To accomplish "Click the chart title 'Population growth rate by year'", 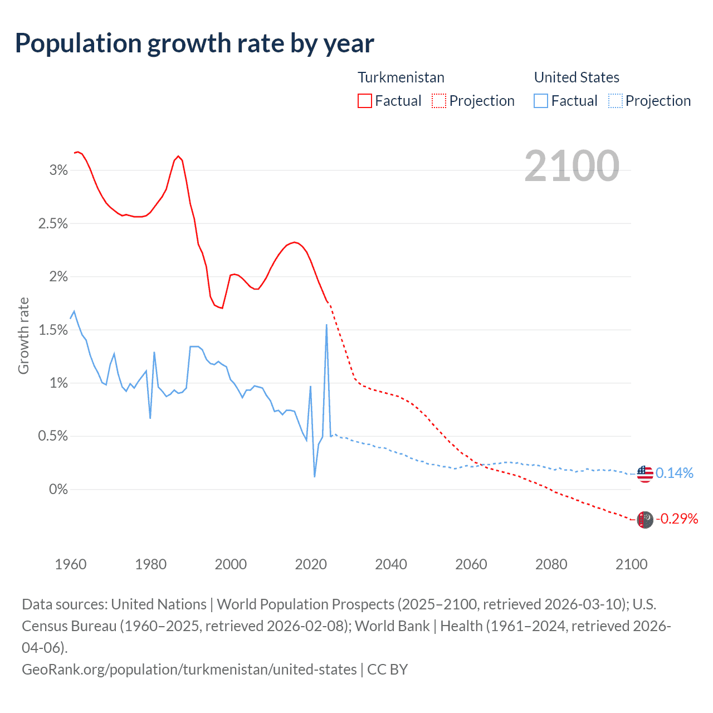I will (x=194, y=43).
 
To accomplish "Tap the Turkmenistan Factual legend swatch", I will (x=364, y=101).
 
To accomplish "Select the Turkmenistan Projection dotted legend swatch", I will (x=439, y=101).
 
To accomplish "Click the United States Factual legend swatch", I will (x=540, y=101).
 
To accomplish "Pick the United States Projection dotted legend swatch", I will (x=615, y=101).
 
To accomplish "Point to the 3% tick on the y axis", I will (x=58, y=170).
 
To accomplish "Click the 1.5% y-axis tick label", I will (x=53, y=330).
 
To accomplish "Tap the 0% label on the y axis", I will (x=58, y=490).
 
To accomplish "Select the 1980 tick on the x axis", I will (x=150, y=564).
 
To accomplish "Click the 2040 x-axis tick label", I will (x=391, y=564).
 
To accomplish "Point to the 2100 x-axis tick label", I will (x=631, y=564).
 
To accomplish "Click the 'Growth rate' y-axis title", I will (x=23, y=336).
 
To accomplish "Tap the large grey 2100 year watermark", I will (x=572, y=166).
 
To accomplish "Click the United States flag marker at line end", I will (x=644, y=473).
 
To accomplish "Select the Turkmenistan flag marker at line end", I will (x=644, y=520).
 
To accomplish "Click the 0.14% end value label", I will (x=675, y=473).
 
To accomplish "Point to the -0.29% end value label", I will (x=677, y=519).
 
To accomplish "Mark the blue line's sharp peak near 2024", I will (x=326, y=325).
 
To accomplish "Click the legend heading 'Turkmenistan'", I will (x=401, y=77).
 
